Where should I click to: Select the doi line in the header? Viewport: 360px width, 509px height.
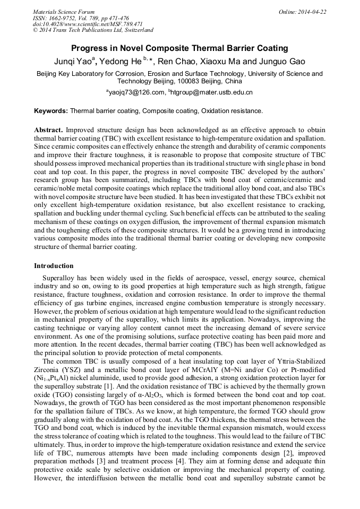tap(87, 24)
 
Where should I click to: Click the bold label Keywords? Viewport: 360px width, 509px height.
tap(51, 111)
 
